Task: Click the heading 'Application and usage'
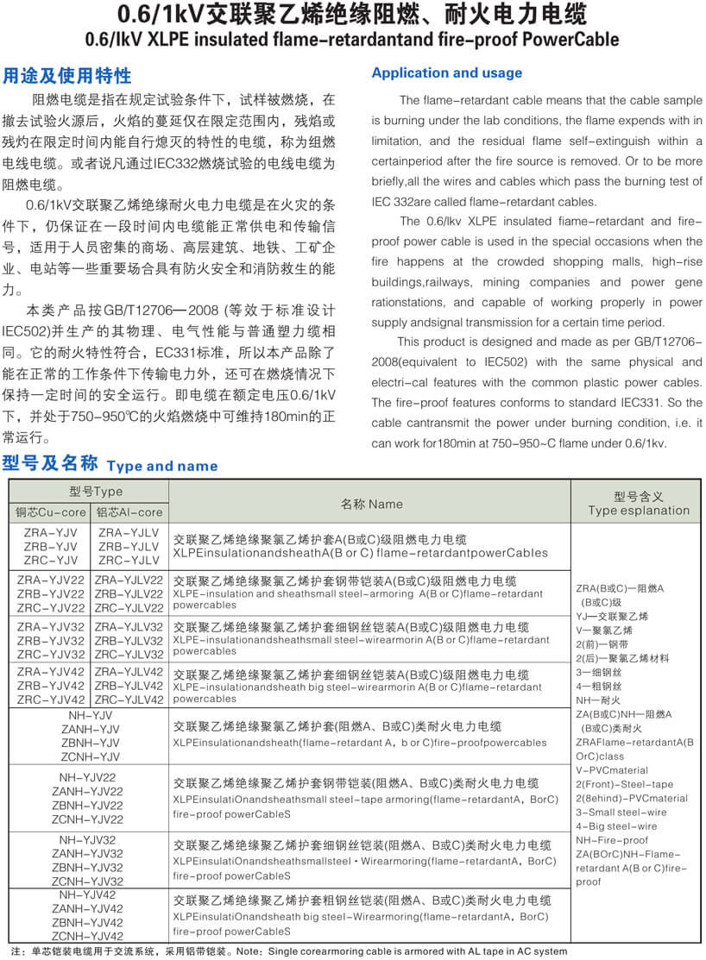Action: (x=446, y=73)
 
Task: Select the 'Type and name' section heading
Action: (x=162, y=466)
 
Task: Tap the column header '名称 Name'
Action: (x=371, y=504)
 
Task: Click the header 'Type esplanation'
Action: (x=639, y=510)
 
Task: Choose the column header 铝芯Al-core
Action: (x=129, y=512)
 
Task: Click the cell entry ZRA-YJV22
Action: (x=51, y=580)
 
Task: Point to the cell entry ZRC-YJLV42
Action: (x=129, y=700)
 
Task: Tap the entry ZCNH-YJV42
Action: (x=91, y=936)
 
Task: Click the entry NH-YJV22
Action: (x=91, y=777)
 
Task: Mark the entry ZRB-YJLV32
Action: (x=129, y=641)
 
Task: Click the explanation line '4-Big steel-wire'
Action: (x=615, y=826)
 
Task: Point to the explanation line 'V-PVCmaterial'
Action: (x=611, y=770)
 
